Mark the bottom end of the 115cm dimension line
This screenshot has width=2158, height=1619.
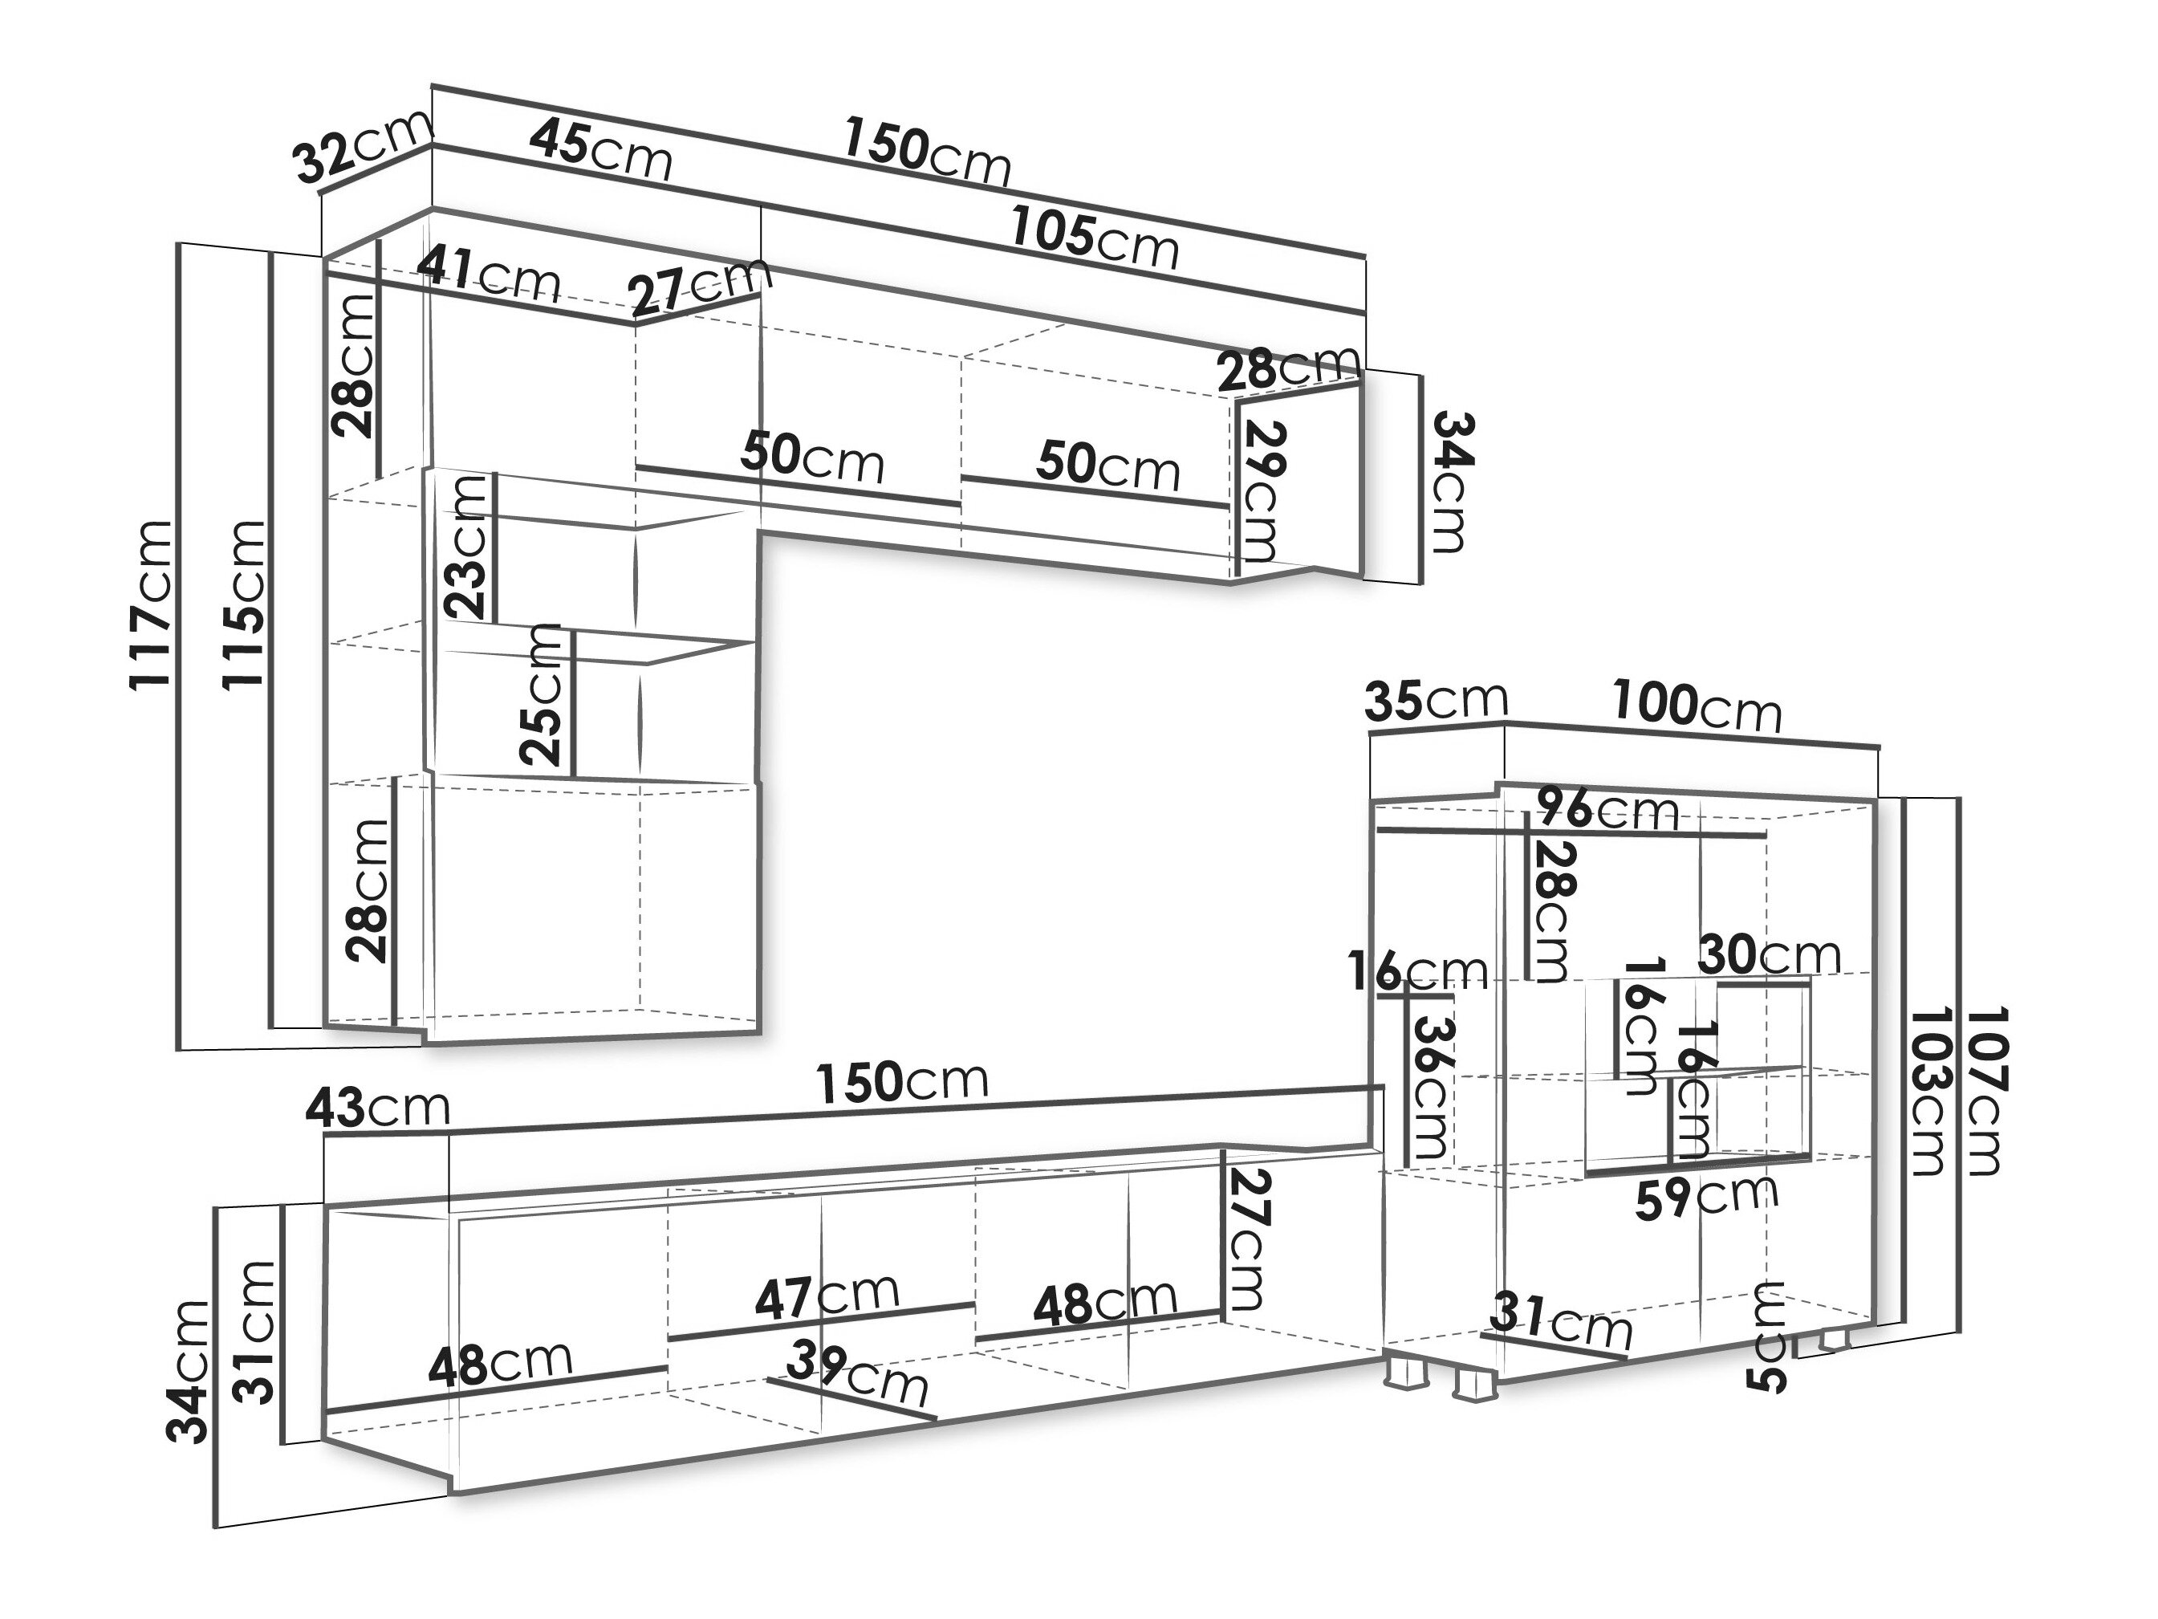tap(271, 1027)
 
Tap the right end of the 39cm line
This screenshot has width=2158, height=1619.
tap(935, 1417)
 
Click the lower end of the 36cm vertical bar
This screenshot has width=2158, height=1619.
tap(1406, 1167)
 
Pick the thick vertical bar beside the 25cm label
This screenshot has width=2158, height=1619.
tap(574, 705)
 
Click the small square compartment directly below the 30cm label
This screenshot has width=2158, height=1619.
tap(1763, 1027)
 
